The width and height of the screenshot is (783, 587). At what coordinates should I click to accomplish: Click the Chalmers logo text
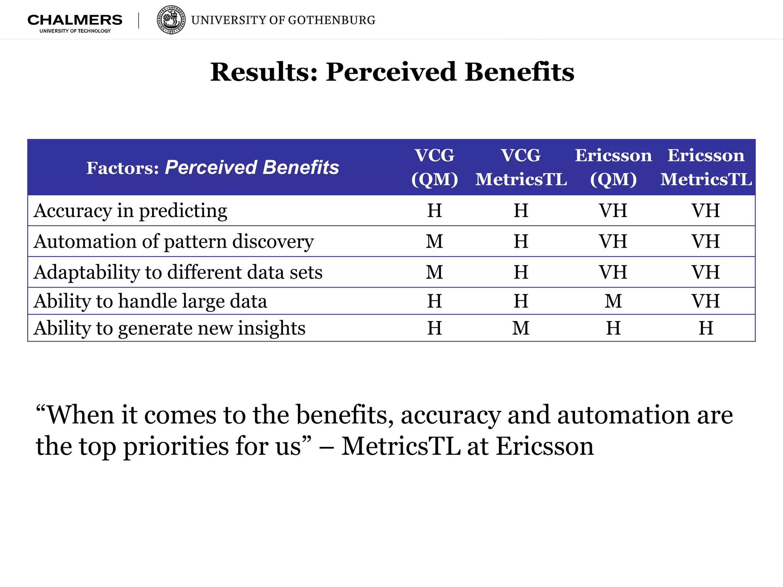click(x=75, y=20)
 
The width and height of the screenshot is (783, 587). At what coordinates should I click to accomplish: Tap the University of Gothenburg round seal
click(x=171, y=20)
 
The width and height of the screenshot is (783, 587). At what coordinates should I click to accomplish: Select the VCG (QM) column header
click(x=435, y=167)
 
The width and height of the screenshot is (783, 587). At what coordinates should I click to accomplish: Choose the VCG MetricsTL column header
click(x=521, y=167)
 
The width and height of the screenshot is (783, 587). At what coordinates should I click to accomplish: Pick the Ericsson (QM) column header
click(x=613, y=167)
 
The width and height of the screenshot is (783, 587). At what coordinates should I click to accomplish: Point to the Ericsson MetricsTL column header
click(x=706, y=167)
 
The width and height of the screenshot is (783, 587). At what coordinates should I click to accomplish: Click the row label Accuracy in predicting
click(x=130, y=211)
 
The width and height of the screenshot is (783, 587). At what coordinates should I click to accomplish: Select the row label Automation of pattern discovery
click(x=174, y=242)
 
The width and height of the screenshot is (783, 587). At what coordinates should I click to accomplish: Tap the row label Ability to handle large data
click(x=150, y=301)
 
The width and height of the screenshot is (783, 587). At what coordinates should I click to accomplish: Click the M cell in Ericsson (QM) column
click(x=613, y=301)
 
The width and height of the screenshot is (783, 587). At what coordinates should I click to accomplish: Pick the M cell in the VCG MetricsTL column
click(x=521, y=328)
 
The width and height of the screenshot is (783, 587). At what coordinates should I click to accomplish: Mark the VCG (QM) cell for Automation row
click(x=435, y=242)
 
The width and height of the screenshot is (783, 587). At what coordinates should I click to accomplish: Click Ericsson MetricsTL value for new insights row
click(x=706, y=328)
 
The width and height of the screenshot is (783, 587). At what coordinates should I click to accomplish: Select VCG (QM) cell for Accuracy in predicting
click(x=435, y=211)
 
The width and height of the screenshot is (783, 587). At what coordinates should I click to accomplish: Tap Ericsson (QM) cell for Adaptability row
click(x=613, y=272)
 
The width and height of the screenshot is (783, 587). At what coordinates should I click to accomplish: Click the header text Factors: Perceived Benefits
click(x=213, y=167)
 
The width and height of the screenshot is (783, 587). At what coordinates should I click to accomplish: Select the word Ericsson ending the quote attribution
click(x=545, y=446)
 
